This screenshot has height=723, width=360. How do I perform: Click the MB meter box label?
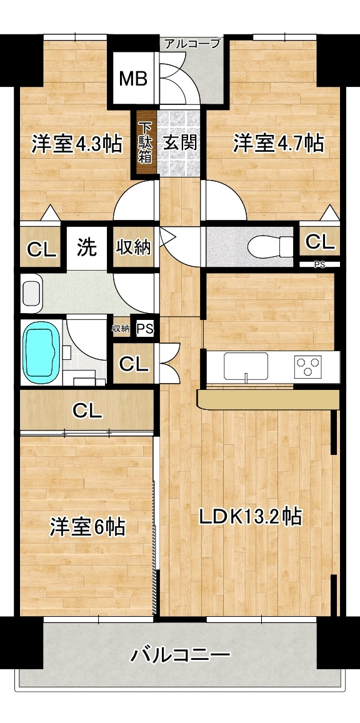[x=133, y=78]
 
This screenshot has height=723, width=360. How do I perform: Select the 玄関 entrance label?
[x=180, y=142]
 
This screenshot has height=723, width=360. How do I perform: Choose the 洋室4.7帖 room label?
[x=277, y=143]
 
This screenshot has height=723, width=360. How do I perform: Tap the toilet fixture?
[x=270, y=246]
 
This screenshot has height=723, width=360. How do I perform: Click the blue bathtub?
[x=42, y=352]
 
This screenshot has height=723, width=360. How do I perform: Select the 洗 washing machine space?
[x=87, y=247]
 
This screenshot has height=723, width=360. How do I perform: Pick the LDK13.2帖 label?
[x=250, y=517]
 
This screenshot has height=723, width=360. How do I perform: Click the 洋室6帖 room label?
[x=87, y=527]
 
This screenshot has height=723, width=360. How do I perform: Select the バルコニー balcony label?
[x=180, y=655]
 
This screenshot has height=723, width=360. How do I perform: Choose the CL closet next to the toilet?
[x=320, y=241]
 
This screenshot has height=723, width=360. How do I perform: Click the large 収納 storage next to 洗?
[x=134, y=247]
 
